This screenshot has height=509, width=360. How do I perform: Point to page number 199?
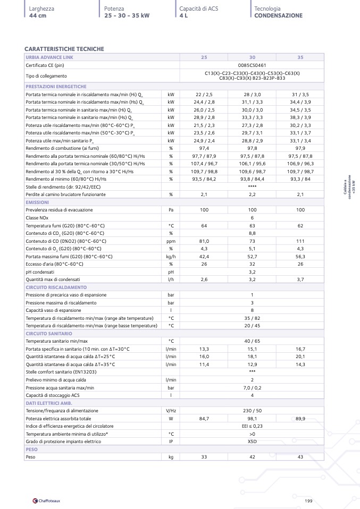[x=308, y=500]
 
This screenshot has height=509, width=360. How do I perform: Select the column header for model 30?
[x=252, y=57]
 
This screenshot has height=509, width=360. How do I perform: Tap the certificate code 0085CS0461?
[x=252, y=65]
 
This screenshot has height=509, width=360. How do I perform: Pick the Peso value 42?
[x=252, y=456]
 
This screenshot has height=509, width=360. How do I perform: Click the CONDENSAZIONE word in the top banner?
[x=278, y=15]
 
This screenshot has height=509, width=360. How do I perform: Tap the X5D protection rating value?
[x=252, y=441]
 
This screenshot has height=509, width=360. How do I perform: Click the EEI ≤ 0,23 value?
[x=252, y=426]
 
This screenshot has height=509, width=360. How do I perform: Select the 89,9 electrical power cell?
[x=300, y=419]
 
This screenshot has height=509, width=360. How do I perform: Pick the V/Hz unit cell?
[x=171, y=411]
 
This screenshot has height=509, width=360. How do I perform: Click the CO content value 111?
[x=300, y=241]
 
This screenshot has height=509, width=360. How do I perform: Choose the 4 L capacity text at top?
[x=183, y=15]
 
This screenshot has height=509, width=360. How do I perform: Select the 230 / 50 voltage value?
[x=252, y=411]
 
